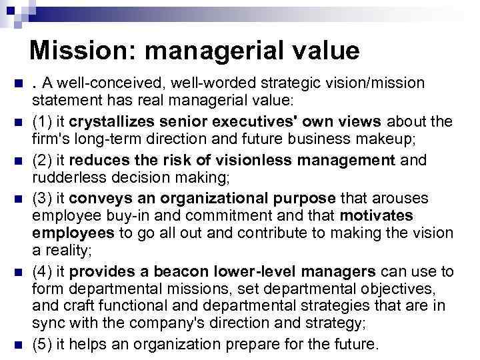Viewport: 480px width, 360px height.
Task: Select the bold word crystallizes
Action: coord(107,122)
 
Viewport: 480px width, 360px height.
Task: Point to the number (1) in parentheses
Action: coord(43,122)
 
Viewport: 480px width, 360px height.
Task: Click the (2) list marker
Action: coord(43,161)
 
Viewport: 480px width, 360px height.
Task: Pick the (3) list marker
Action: coord(43,199)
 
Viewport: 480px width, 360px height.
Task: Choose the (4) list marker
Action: coord(43,271)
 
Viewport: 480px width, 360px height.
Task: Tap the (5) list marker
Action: coord(43,345)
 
